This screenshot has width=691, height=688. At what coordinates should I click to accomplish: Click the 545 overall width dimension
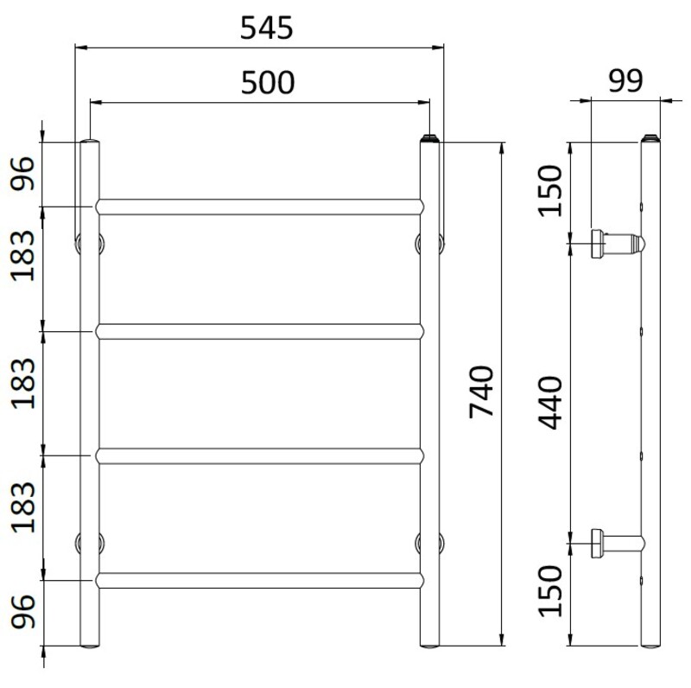coord(266,29)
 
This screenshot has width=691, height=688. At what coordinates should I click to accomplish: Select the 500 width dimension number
coord(268,83)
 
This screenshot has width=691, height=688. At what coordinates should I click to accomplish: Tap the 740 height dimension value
coord(481,392)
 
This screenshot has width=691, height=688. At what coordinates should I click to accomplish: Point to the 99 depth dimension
coord(625,81)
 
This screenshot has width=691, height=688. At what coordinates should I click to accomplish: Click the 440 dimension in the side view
coord(550,403)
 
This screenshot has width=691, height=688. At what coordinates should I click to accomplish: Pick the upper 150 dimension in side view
coord(550,190)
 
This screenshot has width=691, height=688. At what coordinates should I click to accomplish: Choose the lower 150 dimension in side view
coord(550,591)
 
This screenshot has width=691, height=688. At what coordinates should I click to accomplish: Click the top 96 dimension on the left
coord(22,174)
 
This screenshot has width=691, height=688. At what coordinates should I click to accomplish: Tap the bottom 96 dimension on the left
coord(22,611)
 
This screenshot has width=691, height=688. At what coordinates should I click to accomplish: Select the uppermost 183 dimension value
coord(22,256)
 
